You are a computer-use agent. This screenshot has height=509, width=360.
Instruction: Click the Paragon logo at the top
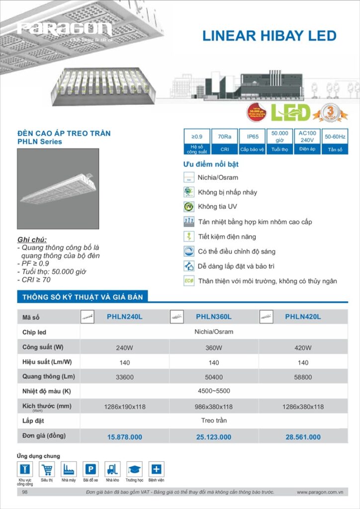coord(65,28)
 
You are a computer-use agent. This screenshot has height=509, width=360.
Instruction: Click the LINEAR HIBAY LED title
coord(270,36)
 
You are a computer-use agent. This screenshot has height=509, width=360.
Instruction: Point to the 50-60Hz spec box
coord(335,141)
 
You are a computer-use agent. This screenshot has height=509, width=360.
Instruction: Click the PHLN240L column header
coord(124,317)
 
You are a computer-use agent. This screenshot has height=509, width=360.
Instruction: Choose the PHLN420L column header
coord(303,317)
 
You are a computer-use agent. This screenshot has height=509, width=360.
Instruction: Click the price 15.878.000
coord(124,437)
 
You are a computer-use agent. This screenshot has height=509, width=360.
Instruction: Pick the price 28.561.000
coord(303,437)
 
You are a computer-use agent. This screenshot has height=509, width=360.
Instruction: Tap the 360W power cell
coord(214,347)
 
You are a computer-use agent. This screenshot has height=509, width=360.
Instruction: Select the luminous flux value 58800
coord(303,377)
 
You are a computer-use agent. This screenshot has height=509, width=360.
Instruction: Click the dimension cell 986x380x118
coord(214,407)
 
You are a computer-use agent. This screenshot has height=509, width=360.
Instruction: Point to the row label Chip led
coord(34,332)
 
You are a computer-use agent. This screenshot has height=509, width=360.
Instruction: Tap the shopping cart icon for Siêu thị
coord(47,469)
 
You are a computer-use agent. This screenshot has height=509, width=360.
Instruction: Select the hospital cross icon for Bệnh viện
coord(156,469)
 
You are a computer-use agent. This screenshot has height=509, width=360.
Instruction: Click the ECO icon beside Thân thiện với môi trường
coord(189,281)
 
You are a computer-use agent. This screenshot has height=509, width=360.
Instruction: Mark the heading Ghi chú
coord(32,240)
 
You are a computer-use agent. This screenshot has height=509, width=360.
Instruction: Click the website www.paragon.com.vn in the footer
coord(320,492)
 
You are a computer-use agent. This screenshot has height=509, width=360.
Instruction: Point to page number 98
coord(25,492)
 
